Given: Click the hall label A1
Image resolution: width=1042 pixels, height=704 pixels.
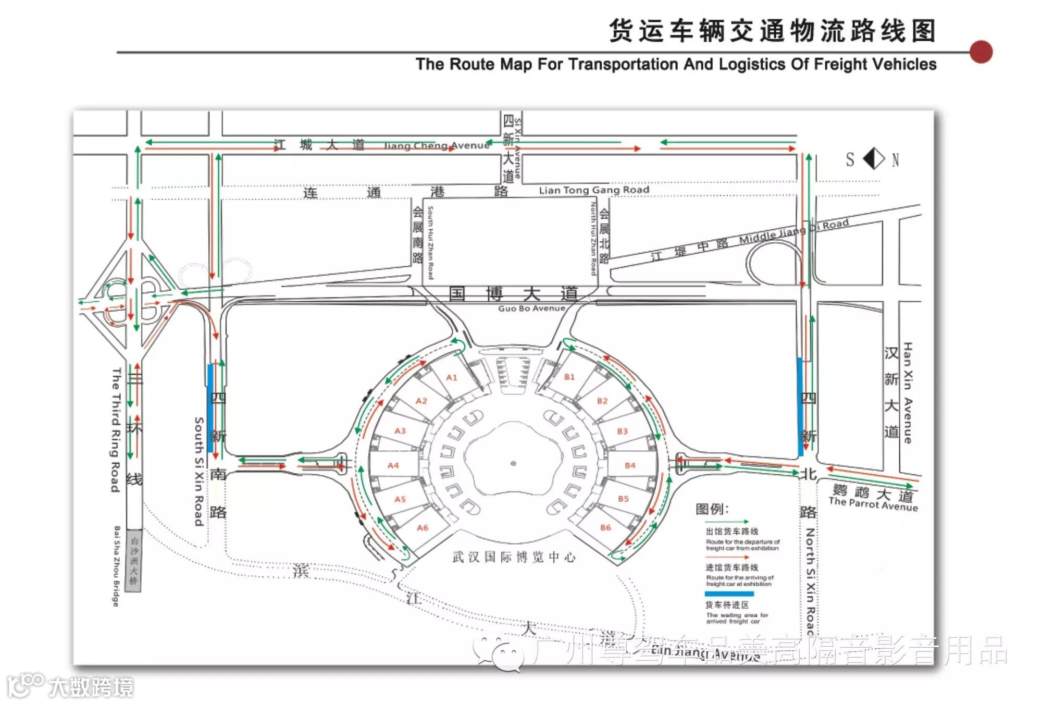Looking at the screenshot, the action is [x=451, y=377].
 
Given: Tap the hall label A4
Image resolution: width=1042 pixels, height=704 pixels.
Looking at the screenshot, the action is [x=393, y=465].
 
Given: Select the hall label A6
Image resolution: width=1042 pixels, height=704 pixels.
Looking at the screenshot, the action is [x=422, y=528].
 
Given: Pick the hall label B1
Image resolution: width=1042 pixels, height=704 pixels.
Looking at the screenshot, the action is [x=569, y=377].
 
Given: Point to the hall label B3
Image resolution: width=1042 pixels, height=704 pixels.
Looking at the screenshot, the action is [x=622, y=431].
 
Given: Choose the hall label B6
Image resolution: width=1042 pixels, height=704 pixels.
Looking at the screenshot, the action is [x=605, y=527].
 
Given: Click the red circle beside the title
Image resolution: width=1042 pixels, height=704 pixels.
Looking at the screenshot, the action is [x=981, y=52].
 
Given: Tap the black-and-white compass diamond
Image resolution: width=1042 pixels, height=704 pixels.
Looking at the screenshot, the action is [x=874, y=158].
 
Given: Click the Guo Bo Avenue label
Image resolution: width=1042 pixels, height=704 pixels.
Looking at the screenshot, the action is [x=531, y=308].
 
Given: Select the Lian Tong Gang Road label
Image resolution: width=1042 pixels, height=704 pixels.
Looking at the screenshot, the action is [x=594, y=190].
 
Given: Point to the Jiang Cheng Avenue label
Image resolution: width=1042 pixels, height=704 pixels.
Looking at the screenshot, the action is [x=437, y=145].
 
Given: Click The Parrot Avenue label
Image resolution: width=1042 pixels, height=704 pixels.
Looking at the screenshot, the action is [x=873, y=504].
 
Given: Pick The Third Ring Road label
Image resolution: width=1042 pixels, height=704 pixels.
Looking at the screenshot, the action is [x=116, y=430].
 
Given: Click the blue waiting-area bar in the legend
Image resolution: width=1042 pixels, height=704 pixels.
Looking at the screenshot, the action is [x=729, y=594].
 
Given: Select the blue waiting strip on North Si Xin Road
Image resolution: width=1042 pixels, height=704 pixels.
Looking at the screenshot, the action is [x=800, y=406].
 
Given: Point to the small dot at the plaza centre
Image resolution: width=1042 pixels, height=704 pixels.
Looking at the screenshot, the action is [x=513, y=463].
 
